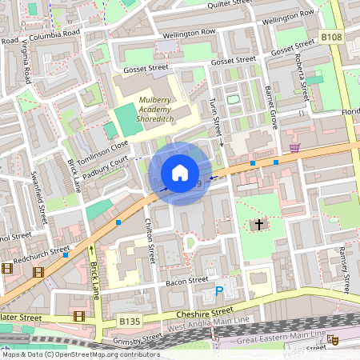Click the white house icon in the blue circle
click(x=180, y=173)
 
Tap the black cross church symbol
click(x=258, y=225)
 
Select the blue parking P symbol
click(x=218, y=292)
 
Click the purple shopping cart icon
click(x=295, y=147)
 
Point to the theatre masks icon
click(x=334, y=340)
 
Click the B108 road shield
click(x=332, y=37)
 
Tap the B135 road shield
click(x=130, y=322)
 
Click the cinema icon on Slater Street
click(x=78, y=316)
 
